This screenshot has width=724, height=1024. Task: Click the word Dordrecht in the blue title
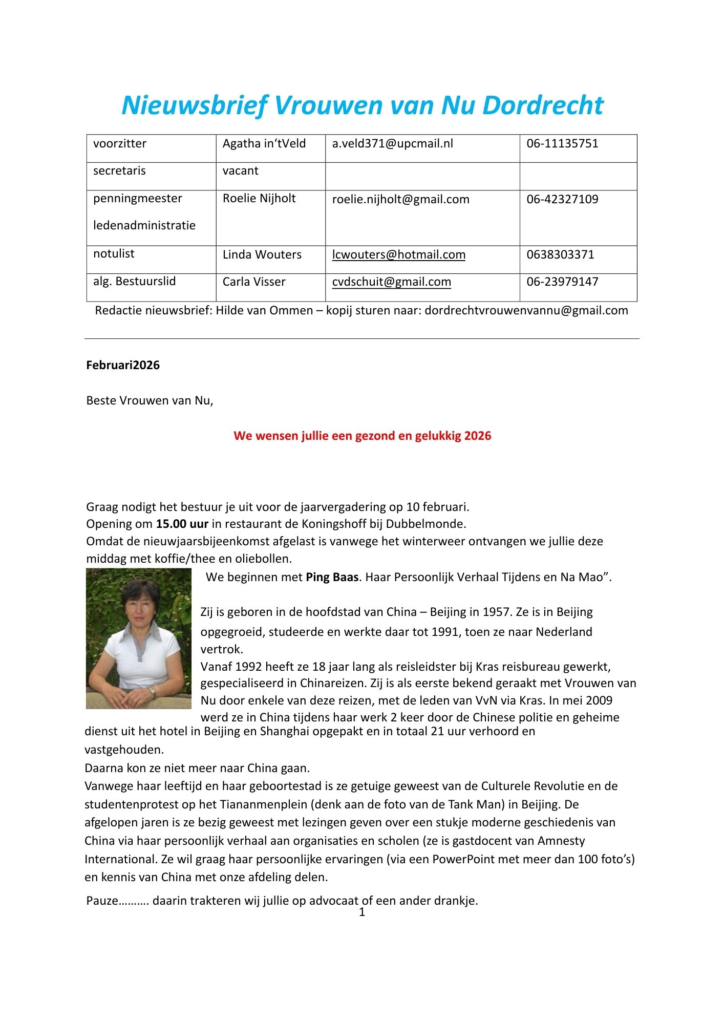(x=543, y=105)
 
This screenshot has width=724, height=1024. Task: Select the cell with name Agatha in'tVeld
(x=264, y=144)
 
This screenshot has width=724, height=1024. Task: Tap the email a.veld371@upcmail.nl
(x=392, y=144)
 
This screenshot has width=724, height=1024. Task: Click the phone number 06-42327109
(x=562, y=199)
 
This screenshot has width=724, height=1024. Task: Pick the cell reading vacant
(x=240, y=171)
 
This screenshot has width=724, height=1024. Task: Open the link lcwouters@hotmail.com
(x=398, y=255)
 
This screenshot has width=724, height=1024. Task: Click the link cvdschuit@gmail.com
(x=391, y=282)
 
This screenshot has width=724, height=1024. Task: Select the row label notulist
(x=114, y=254)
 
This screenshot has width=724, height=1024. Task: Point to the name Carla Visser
(x=254, y=282)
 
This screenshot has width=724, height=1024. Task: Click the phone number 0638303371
(x=560, y=255)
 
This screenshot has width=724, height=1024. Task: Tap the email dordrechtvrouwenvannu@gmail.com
(x=526, y=311)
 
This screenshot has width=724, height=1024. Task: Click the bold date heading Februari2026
(x=123, y=366)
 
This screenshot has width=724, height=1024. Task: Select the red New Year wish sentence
(x=362, y=436)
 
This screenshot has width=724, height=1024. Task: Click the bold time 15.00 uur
(x=182, y=524)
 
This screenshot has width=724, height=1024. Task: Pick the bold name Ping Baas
(x=332, y=578)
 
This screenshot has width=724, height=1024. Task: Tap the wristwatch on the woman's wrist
(x=152, y=692)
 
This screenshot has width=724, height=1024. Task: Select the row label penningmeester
(x=137, y=199)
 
